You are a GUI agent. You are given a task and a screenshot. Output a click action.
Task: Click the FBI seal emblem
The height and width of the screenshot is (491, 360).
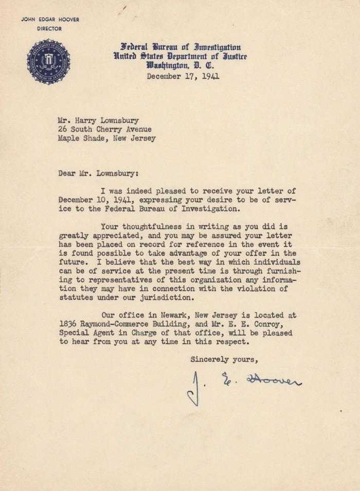(48, 62)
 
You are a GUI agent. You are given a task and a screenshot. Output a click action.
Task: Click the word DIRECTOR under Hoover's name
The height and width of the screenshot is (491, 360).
(49, 29)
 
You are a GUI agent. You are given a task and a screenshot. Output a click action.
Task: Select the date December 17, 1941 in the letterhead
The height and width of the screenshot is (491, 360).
(183, 77)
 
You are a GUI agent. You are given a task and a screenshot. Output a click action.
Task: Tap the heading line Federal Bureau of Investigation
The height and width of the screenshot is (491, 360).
(181, 47)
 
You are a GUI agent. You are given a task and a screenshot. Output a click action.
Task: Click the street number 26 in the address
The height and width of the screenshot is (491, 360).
(62, 130)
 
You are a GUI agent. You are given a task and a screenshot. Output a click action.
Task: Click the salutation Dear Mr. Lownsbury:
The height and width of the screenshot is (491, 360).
(98, 173)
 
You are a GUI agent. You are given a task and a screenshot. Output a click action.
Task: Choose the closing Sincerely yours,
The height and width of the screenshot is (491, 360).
(224, 359)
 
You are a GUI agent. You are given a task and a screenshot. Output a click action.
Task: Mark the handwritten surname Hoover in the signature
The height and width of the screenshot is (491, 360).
(274, 379)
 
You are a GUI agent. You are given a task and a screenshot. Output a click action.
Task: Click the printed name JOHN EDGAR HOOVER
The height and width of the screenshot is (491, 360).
(50, 20)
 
